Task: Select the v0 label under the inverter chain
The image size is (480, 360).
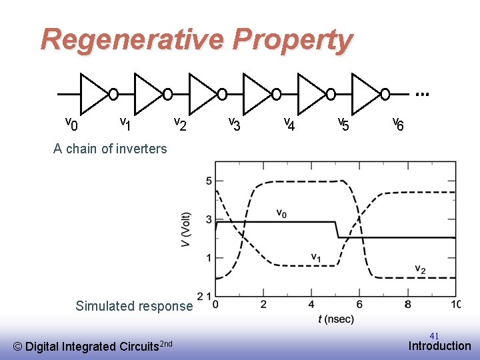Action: pyautogui.click(x=71, y=123)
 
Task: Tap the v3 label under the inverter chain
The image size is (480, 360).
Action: pyautogui.click(x=234, y=123)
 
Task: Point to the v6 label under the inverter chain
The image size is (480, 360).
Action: pyautogui.click(x=397, y=123)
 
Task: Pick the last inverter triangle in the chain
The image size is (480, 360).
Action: pyautogui.click(x=365, y=93)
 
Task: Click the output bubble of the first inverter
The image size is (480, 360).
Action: pyautogui.click(x=114, y=94)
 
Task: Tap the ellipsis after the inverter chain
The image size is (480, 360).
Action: pyautogui.click(x=421, y=95)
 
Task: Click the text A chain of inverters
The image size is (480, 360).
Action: pyautogui.click(x=110, y=149)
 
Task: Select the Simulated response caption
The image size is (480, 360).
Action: pyautogui.click(x=134, y=306)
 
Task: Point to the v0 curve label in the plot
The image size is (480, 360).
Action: pyautogui.click(x=282, y=213)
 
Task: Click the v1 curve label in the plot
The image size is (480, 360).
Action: pyautogui.click(x=317, y=257)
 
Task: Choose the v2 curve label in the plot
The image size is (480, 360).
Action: pyautogui.click(x=420, y=269)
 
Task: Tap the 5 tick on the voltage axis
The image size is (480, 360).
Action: pyautogui.click(x=209, y=181)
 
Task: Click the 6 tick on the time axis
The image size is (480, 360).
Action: pyautogui.click(x=359, y=305)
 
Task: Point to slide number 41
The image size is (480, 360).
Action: pyautogui.click(x=434, y=335)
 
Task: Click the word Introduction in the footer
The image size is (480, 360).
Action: pyautogui.click(x=439, y=345)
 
